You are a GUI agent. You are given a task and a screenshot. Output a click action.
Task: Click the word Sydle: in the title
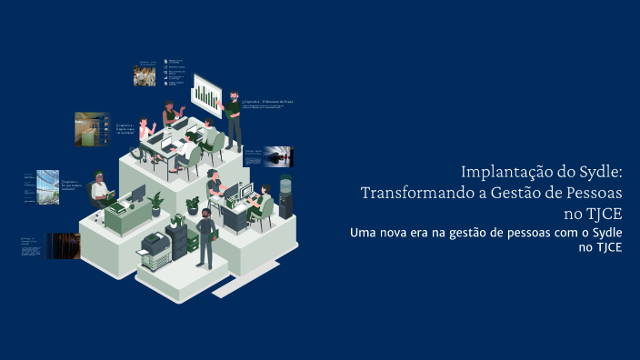597,172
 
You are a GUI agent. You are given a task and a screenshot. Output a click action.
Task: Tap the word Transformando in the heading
412,193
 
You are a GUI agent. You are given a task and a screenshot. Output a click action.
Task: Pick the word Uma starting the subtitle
363,234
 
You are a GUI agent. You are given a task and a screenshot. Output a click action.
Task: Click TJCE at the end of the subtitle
608,247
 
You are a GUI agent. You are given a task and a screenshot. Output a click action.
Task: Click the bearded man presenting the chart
234,119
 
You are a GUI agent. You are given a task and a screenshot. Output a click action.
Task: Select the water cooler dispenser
285,195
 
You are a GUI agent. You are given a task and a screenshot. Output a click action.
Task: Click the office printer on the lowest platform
156,247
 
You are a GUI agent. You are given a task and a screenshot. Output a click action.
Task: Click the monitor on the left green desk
136,194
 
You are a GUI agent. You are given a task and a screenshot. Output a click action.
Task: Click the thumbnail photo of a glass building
48,187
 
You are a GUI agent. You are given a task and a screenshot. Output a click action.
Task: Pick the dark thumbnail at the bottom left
62,245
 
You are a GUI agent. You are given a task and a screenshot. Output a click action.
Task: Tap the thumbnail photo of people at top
145,76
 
